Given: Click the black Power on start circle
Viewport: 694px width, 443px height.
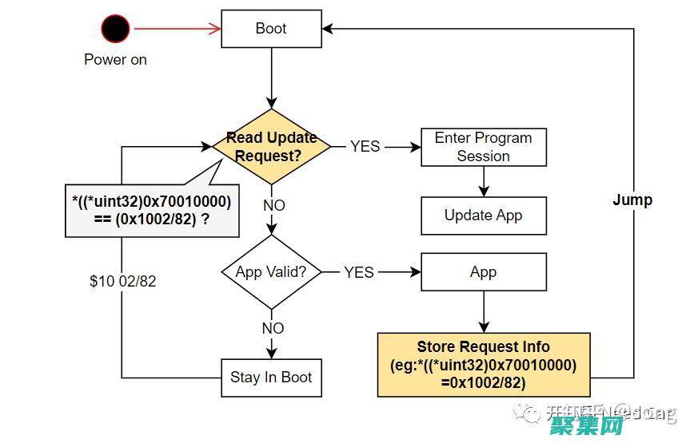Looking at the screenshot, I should point(115,30).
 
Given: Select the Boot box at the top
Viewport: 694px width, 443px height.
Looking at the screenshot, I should point(271,29).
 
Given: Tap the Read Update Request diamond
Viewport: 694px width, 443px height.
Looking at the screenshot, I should point(271,147).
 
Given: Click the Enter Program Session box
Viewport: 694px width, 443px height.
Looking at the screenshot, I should point(483,147).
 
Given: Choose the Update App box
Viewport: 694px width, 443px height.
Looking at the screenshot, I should point(483,216).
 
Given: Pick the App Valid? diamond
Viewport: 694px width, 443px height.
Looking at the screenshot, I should point(271,272).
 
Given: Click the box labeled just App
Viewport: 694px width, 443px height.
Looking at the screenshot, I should point(483,272).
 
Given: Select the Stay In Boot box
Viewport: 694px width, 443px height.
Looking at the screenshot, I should point(271,378).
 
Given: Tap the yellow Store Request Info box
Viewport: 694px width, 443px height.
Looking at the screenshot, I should point(483,365).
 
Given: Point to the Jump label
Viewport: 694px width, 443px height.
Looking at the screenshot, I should point(632,200).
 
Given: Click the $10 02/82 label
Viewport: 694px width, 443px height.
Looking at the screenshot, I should point(123,282).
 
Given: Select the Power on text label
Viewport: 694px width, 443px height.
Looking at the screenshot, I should point(115,60).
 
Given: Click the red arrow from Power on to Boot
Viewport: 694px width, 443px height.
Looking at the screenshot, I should point(176,30).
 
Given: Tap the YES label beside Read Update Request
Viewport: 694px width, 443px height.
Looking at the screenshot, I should point(365,147).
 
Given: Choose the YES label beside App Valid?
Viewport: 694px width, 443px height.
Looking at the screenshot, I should point(359,272).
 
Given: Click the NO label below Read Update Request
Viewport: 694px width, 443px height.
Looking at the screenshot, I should point(273,205).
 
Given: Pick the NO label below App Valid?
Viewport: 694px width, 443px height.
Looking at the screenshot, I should point(273,328).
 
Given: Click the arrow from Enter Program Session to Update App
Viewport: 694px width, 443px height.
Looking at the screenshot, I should point(483,181).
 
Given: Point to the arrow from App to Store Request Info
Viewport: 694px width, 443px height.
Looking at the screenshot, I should point(483,312).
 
